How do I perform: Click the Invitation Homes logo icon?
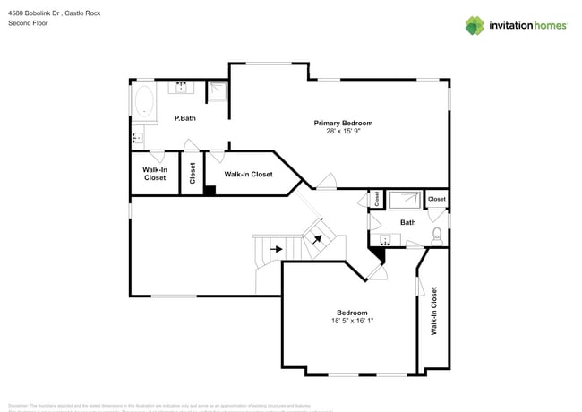tap(475, 25)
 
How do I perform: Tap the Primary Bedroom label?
tap(343, 123)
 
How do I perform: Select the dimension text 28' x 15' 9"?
tap(343, 131)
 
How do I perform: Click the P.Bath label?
tap(185, 118)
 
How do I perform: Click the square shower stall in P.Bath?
tap(218, 90)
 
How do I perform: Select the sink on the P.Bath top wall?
tap(182, 88)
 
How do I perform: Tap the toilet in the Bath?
tap(436, 236)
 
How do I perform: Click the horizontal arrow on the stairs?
tap(276, 249)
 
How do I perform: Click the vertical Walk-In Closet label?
tap(434, 311)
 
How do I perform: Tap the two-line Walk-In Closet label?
tap(155, 174)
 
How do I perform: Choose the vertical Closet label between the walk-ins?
tap(193, 172)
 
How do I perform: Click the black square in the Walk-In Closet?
tap(210, 189)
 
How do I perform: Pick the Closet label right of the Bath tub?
tap(436, 199)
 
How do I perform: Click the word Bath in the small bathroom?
tap(407, 222)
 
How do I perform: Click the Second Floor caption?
tap(28, 23)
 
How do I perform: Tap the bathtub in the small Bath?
tap(406, 200)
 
